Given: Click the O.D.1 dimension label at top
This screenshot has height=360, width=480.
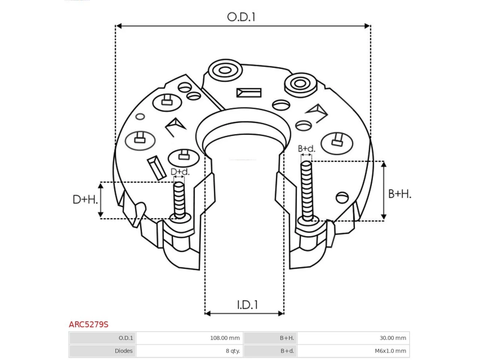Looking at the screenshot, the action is click(241, 17).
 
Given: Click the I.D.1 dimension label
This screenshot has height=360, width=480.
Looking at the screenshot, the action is click(247, 304).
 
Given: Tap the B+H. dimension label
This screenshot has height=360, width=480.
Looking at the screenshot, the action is click(399, 193).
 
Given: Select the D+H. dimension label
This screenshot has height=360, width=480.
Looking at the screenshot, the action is click(85, 199).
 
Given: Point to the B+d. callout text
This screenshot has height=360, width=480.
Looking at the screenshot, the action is click(306, 148).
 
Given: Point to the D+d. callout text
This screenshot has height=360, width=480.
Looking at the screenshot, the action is click(180, 172).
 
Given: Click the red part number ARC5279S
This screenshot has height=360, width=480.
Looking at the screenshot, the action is click(88, 324).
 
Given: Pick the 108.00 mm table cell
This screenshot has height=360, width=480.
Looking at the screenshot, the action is click(225, 338).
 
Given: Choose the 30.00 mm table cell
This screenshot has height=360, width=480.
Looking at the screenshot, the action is click(393, 338).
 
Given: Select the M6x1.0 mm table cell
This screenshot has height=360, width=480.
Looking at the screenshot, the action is click(390, 351).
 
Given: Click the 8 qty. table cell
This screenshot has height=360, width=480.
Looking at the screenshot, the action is click(233, 351).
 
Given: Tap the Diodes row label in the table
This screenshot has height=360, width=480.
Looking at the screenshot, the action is click(123, 351).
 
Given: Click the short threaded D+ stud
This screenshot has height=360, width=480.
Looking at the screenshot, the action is click(179, 200).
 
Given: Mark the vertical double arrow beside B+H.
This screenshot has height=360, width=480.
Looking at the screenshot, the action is click(384, 190).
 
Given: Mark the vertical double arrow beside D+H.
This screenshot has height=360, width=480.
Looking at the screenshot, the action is click(100, 200).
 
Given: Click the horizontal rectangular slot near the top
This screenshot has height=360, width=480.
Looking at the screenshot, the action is click(249, 93).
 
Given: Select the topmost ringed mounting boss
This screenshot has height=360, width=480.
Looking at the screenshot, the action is click(225, 70).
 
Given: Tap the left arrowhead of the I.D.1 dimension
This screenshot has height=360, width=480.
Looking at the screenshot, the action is click(208, 313).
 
